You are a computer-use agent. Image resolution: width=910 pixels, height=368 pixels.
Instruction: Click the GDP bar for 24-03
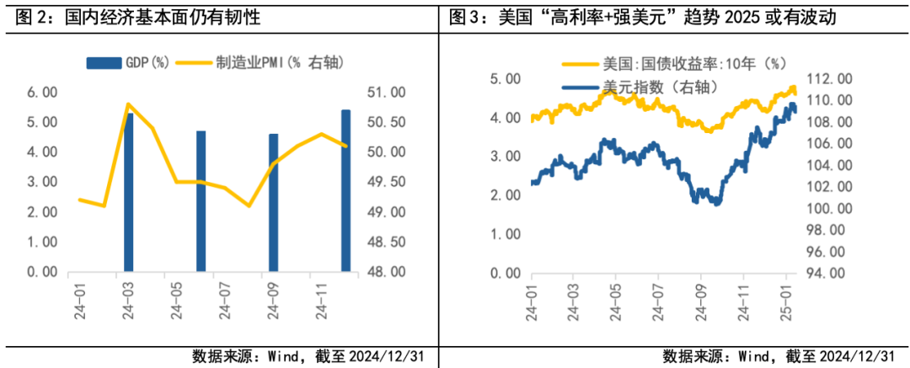tap(129, 192)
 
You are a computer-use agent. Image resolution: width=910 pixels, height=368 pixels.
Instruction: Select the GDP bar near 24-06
tap(201, 201)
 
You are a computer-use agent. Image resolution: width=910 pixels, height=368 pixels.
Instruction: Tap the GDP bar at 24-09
tap(273, 203)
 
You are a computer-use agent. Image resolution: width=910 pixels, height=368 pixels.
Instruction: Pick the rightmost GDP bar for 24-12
tap(345, 191)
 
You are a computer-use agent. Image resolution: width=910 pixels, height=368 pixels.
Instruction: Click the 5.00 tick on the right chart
tap(506, 78)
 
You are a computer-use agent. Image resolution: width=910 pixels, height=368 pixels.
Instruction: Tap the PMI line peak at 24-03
tap(127, 104)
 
